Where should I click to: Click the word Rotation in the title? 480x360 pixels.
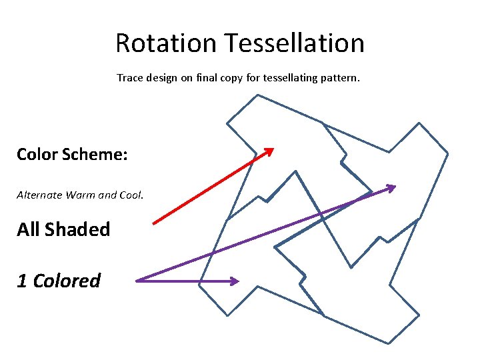click(x=167, y=43)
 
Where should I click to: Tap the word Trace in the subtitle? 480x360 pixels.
click(x=130, y=78)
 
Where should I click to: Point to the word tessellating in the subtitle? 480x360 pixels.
click(x=293, y=78)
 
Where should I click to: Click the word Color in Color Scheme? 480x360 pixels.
click(x=37, y=155)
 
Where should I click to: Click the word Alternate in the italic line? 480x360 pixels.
click(x=39, y=195)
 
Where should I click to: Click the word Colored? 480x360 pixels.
click(x=67, y=281)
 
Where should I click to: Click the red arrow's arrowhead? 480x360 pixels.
click(x=269, y=151)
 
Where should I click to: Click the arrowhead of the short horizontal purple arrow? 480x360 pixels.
click(x=234, y=281)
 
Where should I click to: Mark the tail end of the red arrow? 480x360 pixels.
click(x=154, y=223)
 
